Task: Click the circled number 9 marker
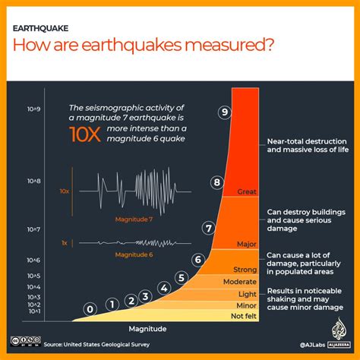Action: pyautogui.click(x=224, y=112)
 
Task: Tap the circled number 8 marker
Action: pyautogui.click(x=217, y=182)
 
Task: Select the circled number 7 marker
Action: pyautogui.click(x=208, y=227)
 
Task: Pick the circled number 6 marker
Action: pyautogui.click(x=197, y=259)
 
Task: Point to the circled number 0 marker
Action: pyautogui.click(x=90, y=309)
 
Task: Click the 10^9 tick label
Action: pyautogui.click(x=33, y=110)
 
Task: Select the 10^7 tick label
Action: pyautogui.click(x=33, y=229)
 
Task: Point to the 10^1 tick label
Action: pyautogui.click(x=33, y=311)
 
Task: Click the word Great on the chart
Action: pyautogui.click(x=248, y=191)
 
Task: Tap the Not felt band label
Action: pyautogui.click(x=243, y=315)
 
